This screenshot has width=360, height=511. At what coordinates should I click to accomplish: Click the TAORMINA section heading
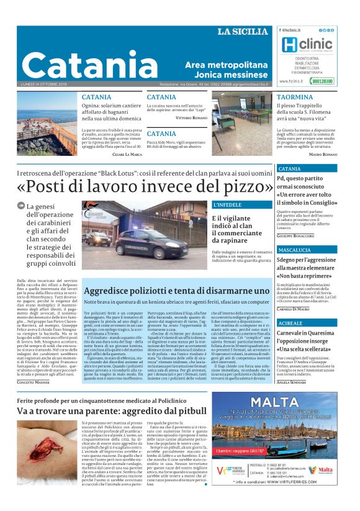click(294, 98)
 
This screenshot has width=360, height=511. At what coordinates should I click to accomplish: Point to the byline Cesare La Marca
click(128, 153)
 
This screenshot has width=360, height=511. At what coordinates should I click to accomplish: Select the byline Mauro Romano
click(323, 153)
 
